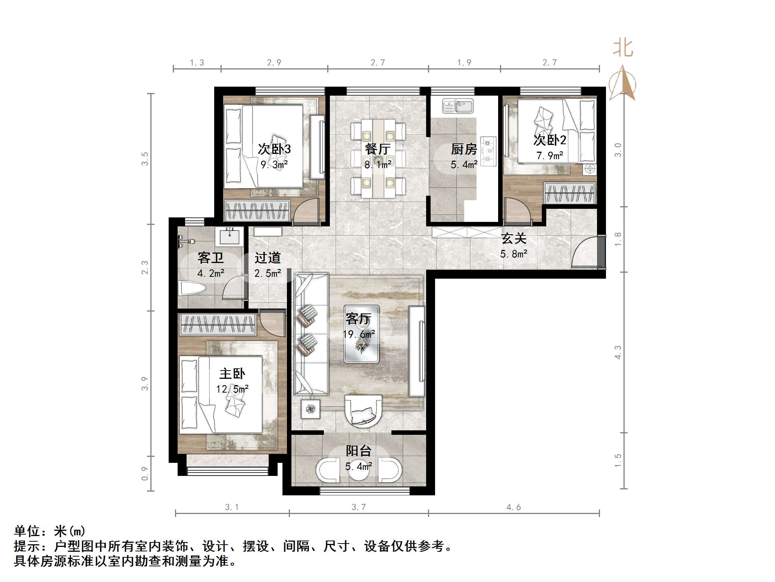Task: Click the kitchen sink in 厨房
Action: click(458, 106)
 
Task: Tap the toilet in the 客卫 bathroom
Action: click(193, 288)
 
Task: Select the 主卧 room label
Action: click(232, 374)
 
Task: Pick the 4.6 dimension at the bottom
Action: click(513, 507)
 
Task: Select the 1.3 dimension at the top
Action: click(197, 63)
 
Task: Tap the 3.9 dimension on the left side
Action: click(145, 384)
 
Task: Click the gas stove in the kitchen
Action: click(488, 151)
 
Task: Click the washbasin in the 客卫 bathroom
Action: click(229, 236)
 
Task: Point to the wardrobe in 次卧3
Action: click(257, 210)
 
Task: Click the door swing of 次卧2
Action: click(517, 211)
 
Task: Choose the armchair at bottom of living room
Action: click(363, 411)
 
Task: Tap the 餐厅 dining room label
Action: click(378, 149)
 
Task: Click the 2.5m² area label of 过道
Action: click(268, 273)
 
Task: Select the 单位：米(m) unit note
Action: click(50, 531)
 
